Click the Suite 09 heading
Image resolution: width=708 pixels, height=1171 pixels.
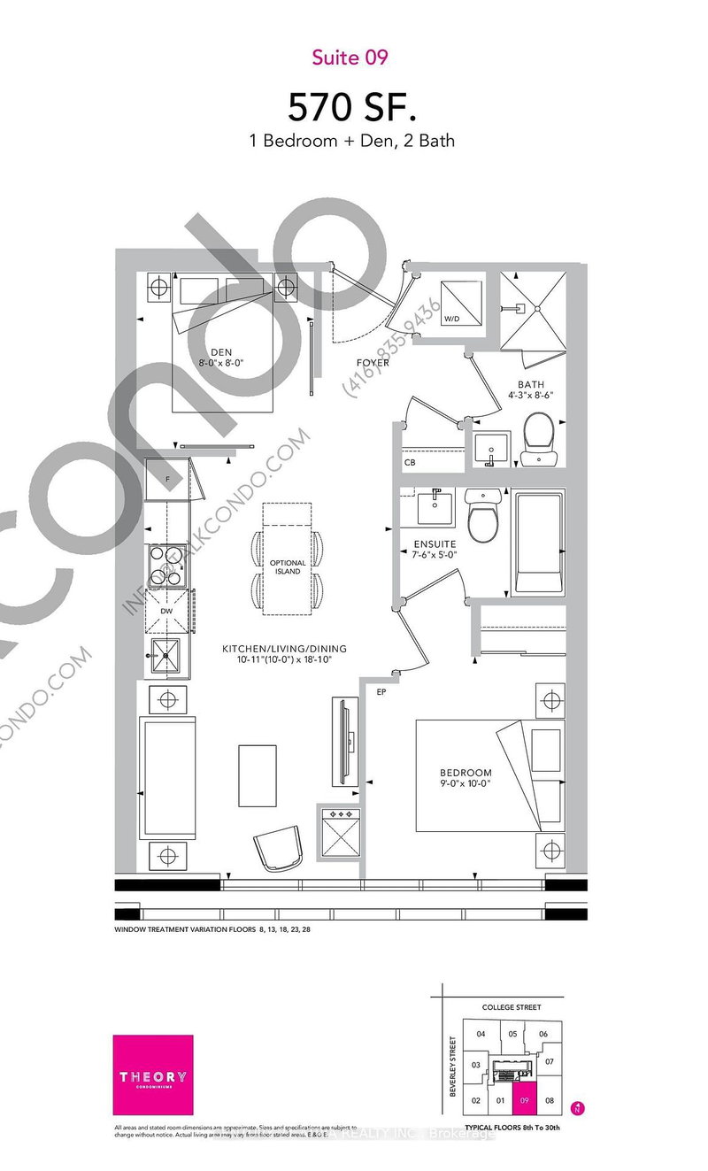click(350, 58)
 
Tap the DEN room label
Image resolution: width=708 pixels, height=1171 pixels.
click(220, 350)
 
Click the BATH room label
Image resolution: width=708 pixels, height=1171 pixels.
click(529, 384)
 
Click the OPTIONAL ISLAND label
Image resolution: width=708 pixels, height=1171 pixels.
click(288, 567)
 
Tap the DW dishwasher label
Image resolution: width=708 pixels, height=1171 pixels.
click(166, 610)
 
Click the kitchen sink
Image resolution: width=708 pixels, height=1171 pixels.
click(164, 656)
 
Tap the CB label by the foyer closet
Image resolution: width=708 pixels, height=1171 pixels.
click(410, 462)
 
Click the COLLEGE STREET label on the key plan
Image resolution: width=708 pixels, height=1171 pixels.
click(511, 1006)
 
